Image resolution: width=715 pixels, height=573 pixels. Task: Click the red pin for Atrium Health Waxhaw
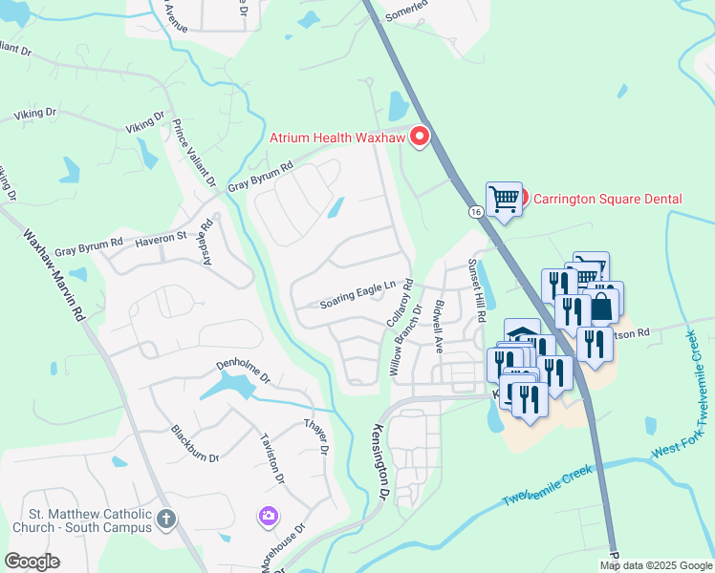419,138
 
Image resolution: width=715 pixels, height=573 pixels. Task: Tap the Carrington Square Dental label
607,199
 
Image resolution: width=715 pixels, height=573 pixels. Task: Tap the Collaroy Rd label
400,304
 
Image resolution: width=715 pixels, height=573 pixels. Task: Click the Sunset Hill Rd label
477,289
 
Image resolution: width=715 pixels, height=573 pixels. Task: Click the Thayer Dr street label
316,435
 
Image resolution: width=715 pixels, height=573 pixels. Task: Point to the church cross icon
166,520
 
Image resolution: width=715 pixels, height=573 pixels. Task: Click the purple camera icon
270,517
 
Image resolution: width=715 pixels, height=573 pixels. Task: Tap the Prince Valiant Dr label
194,158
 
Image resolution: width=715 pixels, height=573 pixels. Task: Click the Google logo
32,562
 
